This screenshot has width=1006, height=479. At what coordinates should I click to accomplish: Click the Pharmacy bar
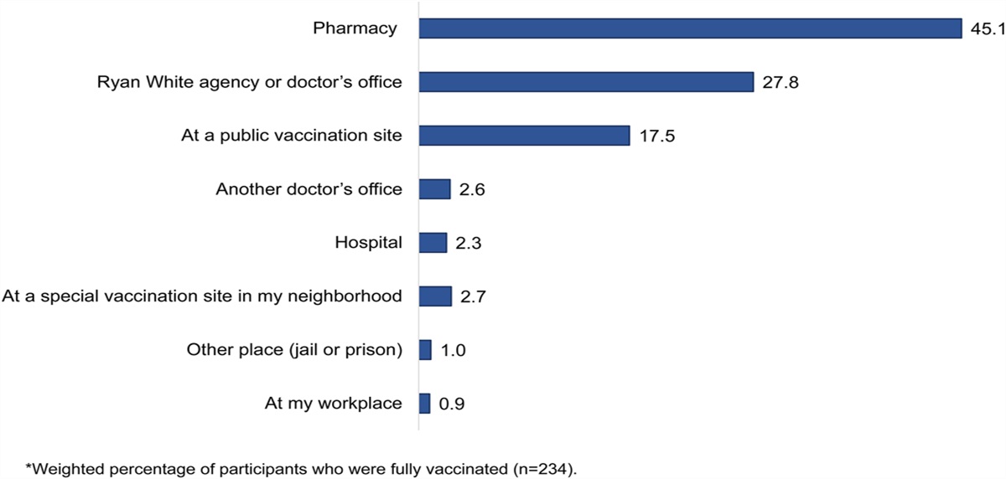click(x=690, y=28)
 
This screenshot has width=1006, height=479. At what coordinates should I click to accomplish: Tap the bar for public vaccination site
click(x=524, y=136)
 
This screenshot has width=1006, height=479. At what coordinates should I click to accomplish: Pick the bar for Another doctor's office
click(x=435, y=189)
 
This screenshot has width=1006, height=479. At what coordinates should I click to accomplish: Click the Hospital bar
click(x=433, y=243)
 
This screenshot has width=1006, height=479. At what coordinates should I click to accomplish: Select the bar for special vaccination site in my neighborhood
click(x=435, y=296)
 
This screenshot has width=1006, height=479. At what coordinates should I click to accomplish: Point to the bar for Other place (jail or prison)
click(x=425, y=350)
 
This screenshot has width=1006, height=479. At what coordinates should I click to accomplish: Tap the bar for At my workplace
click(x=424, y=404)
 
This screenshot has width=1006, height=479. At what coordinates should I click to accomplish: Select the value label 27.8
click(x=780, y=83)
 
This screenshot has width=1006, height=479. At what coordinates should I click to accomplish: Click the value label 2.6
click(x=472, y=190)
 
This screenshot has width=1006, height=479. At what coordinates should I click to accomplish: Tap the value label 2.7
click(x=472, y=297)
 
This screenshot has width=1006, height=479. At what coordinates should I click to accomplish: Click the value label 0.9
click(x=452, y=404)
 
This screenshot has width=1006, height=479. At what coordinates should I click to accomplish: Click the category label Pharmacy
click(x=355, y=29)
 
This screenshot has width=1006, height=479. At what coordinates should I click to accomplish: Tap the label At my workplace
click(x=333, y=404)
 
